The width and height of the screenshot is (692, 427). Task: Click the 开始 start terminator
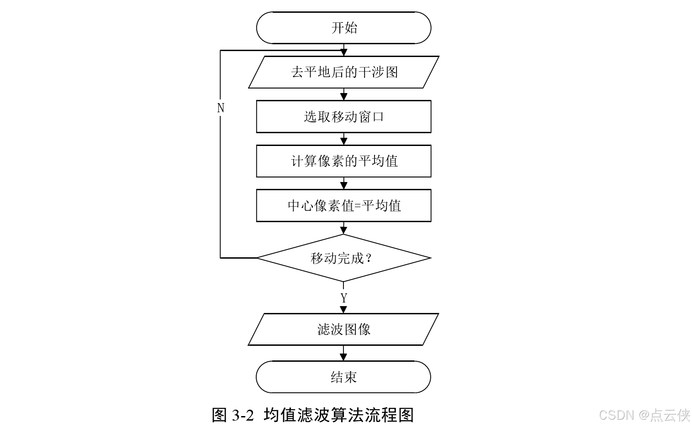pos(343,28)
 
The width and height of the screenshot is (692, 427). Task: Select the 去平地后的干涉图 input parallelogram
pos(343,72)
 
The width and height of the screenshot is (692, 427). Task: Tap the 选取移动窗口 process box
pos(343,117)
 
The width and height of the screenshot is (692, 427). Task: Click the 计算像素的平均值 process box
pos(343,161)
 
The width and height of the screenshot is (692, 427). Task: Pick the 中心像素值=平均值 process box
pos(343,206)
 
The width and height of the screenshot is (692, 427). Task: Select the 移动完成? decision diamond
pos(343,258)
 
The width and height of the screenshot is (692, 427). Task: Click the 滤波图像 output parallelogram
pos(343,329)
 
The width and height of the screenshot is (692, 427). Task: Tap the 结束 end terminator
pos(343,377)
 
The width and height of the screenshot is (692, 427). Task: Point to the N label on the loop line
pos(221,108)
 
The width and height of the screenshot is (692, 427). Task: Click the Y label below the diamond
pos(344,298)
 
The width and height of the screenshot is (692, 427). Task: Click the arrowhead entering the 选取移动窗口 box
pos(344,97)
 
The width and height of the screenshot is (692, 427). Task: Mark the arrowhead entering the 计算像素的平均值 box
pos(344,141)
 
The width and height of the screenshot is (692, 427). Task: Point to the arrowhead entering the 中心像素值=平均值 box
pos(344,186)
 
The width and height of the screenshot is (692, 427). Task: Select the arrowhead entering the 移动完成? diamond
pos(344,230)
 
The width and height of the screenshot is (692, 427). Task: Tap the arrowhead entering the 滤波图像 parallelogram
pos(344,310)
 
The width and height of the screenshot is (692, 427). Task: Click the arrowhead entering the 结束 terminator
pos(344,357)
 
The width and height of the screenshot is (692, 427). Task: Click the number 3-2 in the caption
pos(243,415)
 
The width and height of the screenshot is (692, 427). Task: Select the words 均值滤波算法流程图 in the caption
pos(338,415)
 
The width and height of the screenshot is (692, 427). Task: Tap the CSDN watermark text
pos(616,415)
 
